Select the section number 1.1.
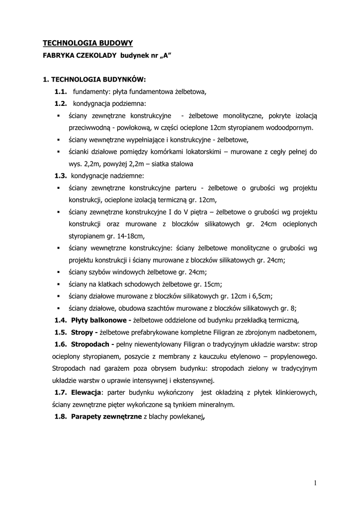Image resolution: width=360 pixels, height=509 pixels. [x=61, y=91]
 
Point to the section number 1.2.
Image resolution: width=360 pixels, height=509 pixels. [x=61, y=103]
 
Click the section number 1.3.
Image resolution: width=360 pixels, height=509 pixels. [x=61, y=175]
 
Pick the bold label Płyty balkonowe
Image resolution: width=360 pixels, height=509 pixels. [x=101, y=320]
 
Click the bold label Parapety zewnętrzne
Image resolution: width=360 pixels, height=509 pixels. [x=106, y=417]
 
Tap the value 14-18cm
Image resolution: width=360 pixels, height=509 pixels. [x=129, y=236]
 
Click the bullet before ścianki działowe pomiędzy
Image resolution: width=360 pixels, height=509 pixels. [x=58, y=152]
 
